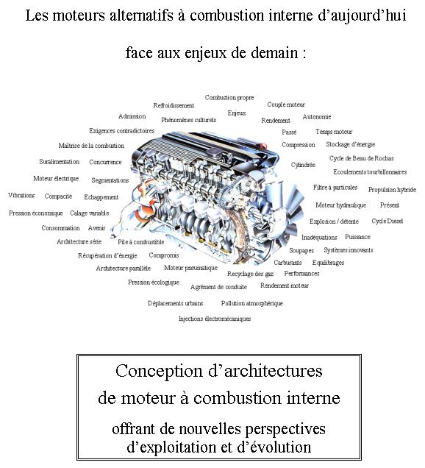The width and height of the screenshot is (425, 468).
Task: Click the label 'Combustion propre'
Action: (229, 97)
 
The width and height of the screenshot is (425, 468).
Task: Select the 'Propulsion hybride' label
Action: (392, 190)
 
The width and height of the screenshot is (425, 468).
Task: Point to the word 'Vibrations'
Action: (21, 196)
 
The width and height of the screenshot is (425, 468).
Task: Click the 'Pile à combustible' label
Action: (140, 241)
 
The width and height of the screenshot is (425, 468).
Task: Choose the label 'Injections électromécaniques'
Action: (215, 319)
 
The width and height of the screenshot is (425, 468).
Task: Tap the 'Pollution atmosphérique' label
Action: (251, 303)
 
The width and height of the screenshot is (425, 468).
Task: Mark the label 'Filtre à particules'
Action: (335, 188)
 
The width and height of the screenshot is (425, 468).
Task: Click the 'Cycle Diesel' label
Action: (387, 221)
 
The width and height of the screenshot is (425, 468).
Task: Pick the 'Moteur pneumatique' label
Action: (190, 268)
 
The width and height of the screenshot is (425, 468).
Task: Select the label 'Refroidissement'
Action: (174, 106)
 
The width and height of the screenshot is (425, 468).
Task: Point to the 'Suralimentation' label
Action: (59, 162)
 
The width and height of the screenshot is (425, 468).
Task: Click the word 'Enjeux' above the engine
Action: (237, 113)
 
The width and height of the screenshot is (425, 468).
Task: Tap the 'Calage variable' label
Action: (89, 213)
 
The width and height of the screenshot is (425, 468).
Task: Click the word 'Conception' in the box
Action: (157, 371)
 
